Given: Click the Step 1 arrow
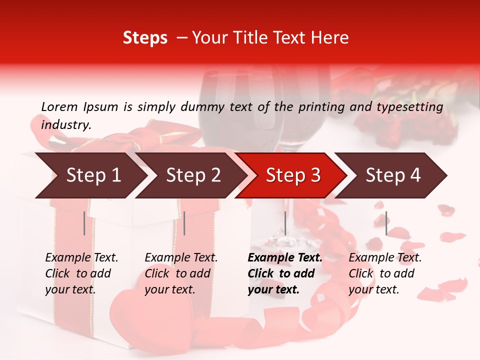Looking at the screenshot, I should [x=92, y=175].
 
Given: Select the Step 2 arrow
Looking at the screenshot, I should [x=192, y=175].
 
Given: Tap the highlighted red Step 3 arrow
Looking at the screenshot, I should [x=292, y=175].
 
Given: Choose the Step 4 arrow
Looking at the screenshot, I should [x=392, y=175].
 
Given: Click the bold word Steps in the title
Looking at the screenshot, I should [x=145, y=38].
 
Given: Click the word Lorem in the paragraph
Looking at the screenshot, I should [x=59, y=106].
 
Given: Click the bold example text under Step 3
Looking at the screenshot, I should [x=284, y=273].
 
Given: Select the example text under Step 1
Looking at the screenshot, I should [x=81, y=273].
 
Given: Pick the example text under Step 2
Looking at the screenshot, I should [x=180, y=273].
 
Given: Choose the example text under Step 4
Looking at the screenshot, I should [x=384, y=273].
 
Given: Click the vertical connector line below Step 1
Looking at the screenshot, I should [x=84, y=223].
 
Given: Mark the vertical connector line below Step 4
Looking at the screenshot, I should [x=386, y=223].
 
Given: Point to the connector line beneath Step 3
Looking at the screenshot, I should [x=285, y=223].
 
